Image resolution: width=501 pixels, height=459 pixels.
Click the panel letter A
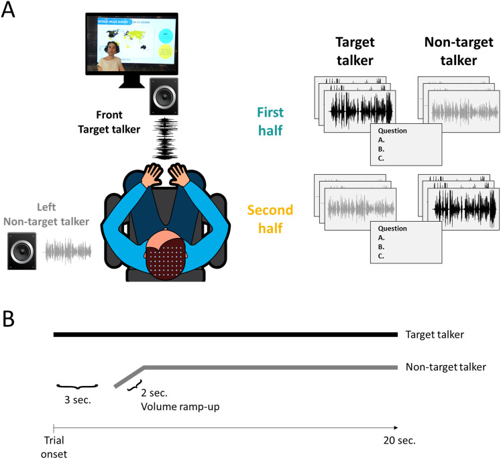tap(9, 11)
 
